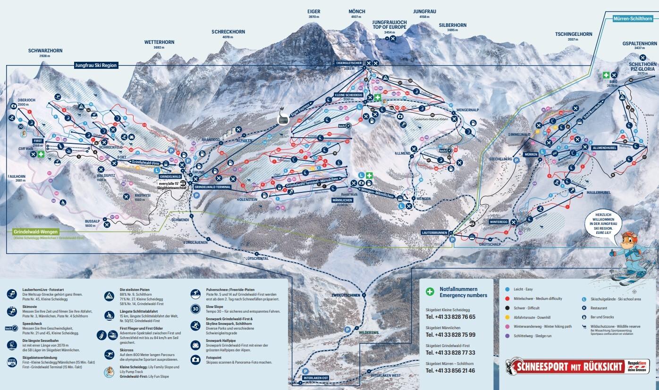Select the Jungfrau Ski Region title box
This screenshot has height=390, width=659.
click(96, 66)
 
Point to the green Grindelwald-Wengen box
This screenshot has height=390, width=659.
click(36, 232)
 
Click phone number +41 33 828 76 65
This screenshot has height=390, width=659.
click(450, 317)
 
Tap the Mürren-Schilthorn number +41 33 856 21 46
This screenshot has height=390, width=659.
click(450, 371)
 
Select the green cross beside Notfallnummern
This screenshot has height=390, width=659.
click(430, 292)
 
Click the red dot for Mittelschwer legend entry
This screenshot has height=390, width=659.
click(507, 299)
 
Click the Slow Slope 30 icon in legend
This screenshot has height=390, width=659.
click(195, 309)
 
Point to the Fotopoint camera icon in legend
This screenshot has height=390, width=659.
click(195, 360)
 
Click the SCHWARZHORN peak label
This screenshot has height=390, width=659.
click(45, 50)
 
